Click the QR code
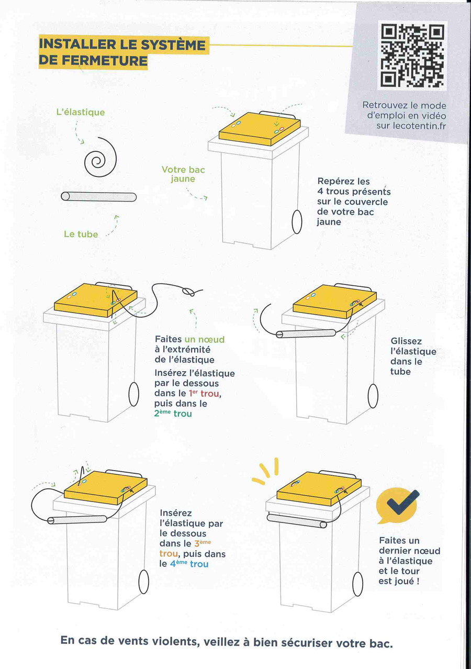(412, 55)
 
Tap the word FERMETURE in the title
(105, 61)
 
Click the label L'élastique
(81, 113)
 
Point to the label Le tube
(81, 234)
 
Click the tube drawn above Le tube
(98, 196)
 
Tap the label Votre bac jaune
(183, 174)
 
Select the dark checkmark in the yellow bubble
(403, 503)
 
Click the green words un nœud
(204, 339)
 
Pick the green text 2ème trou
(173, 414)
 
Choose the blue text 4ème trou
(189, 564)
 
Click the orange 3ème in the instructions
(203, 543)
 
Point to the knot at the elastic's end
(189, 292)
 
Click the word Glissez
(406, 341)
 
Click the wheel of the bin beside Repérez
(297, 222)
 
